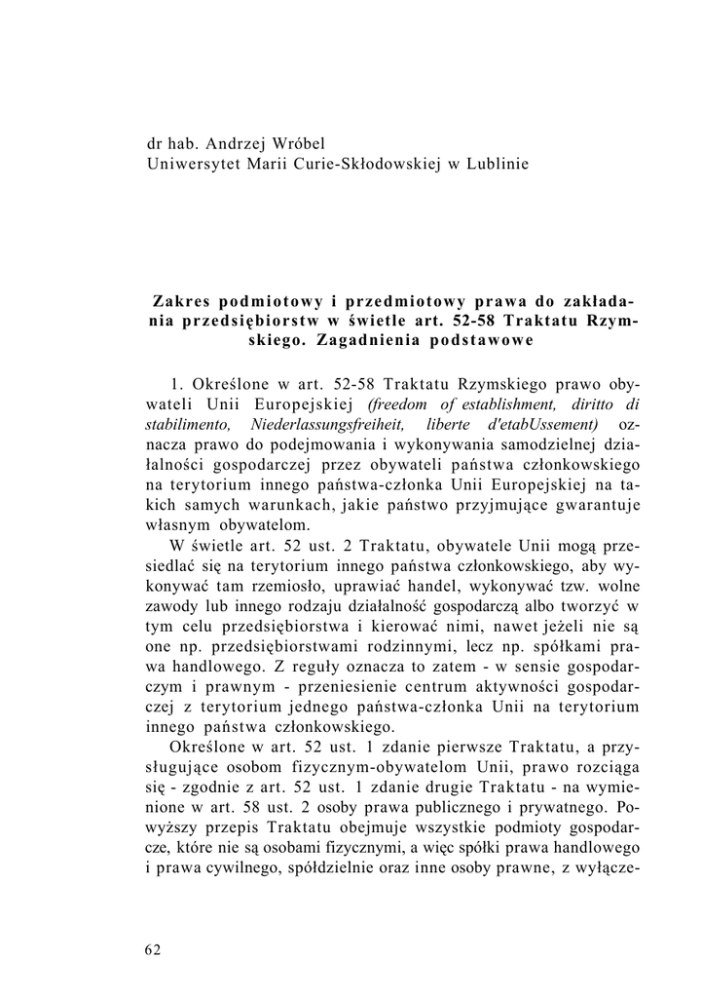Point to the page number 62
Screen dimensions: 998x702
point(152,950)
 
